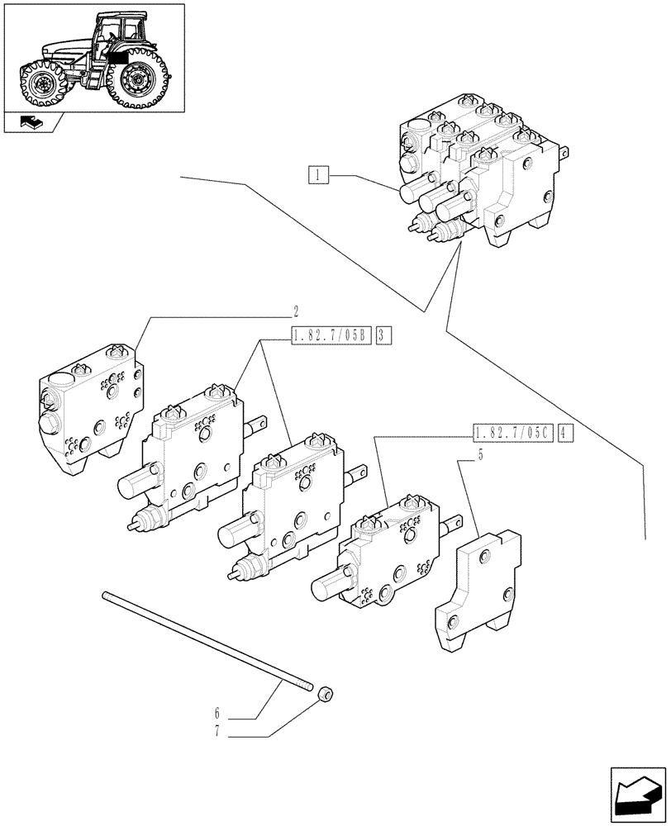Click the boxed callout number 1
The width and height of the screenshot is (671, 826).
318,175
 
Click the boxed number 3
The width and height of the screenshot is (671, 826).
384,335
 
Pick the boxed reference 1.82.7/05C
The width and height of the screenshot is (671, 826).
512,432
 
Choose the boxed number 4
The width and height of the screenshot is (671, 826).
566,432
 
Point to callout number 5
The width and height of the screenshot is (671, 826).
478,453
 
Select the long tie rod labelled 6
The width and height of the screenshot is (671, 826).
207,639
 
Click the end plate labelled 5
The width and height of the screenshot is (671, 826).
479,591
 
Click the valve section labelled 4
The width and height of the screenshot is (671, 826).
384,553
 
